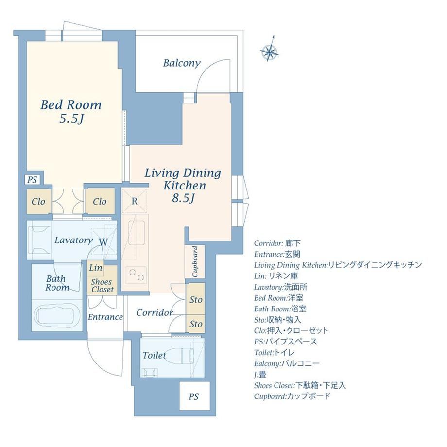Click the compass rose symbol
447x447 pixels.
click(270, 51)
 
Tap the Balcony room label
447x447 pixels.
click(182, 63)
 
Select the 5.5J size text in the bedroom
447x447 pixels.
click(71, 119)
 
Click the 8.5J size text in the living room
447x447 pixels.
click(183, 198)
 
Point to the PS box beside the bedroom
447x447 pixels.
click(32, 180)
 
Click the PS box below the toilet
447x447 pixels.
click(194, 396)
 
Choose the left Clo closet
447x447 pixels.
click(39, 202)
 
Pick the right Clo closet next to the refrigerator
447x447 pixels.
click(100, 202)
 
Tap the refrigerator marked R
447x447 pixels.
click(134, 201)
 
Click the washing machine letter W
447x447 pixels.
click(103, 242)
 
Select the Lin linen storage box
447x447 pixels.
click(95, 268)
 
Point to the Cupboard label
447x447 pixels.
click(195, 262)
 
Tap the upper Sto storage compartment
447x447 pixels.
click(195, 299)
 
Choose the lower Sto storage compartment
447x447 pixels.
click(195, 324)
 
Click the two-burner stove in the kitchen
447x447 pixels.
click(136, 275)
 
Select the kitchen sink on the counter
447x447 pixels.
click(138, 234)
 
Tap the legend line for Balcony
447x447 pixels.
click(287, 363)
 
